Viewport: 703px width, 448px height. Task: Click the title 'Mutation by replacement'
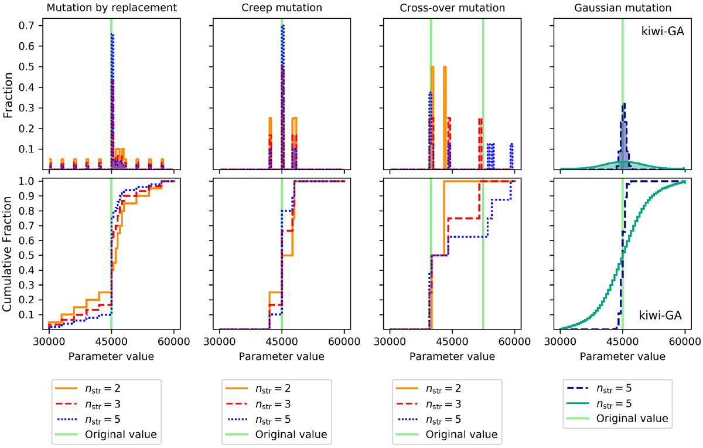pyautogui.click(x=111, y=8)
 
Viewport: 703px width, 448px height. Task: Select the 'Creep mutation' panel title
pyautogui.click(x=282, y=8)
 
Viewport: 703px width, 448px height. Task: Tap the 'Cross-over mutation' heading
pyautogui.click(x=452, y=8)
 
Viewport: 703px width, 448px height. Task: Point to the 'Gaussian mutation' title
pyautogui.click(x=622, y=8)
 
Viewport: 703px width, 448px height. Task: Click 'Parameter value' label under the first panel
pyautogui.click(x=111, y=355)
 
